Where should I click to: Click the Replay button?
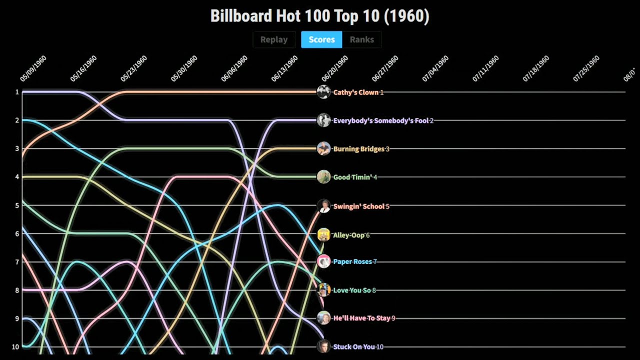[273, 39]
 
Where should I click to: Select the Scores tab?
[321, 39]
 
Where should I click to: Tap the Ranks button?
[361, 39]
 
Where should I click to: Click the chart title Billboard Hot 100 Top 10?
[319, 16]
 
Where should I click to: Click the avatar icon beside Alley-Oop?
[323, 234]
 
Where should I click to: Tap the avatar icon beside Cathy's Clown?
[323, 92]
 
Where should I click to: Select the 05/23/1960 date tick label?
[134, 68]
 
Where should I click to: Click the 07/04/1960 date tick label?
[435, 68]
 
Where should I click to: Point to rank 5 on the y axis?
[17, 205]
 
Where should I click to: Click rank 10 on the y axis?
[15, 347]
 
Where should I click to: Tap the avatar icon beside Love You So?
[323, 290]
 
